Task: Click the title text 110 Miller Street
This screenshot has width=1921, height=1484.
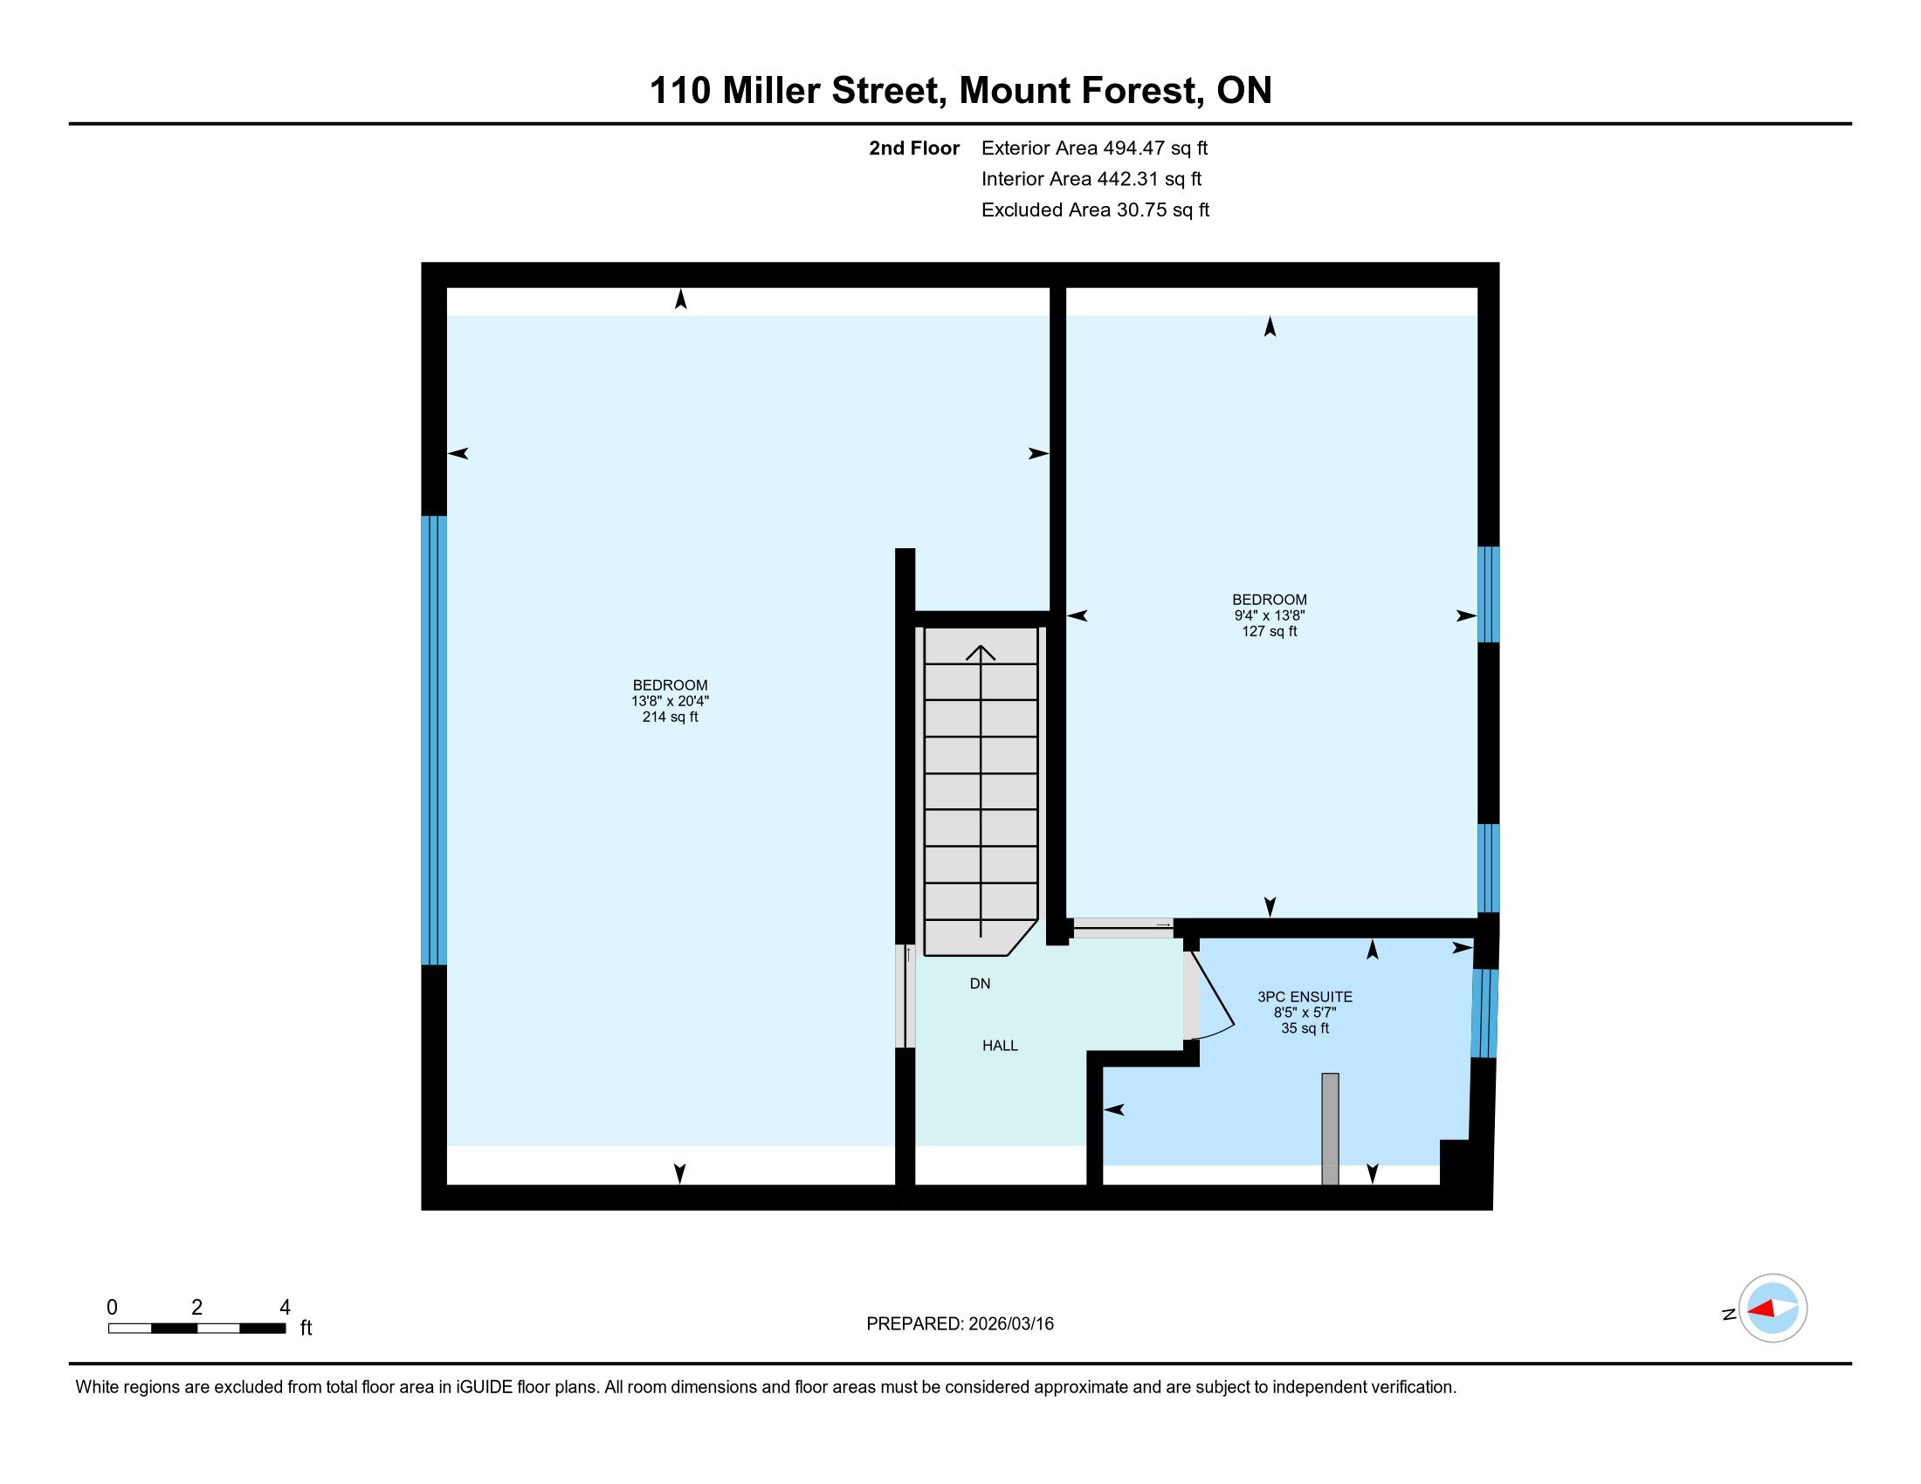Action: coord(798,91)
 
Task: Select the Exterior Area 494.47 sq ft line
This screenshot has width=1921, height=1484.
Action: coord(1094,148)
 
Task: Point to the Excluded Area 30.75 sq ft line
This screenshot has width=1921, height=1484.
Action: coord(1095,210)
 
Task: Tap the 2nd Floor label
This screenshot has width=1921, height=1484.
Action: coord(914,148)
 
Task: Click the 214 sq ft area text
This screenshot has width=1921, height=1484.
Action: coord(671,717)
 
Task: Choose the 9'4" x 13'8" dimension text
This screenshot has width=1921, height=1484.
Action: coord(1270,615)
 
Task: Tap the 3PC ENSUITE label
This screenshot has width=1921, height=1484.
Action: coord(1305,997)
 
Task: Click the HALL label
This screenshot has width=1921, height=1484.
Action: coord(1000,1045)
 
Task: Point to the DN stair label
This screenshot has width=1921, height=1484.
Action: coord(980,984)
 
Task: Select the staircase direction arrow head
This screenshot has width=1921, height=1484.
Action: coord(981,652)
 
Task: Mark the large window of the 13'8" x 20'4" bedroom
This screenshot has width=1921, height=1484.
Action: coord(435,740)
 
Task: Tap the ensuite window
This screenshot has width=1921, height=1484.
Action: coord(1484,1013)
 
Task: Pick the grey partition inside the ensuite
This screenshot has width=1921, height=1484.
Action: coord(1330,1129)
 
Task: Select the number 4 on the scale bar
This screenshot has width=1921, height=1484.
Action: coord(284,1308)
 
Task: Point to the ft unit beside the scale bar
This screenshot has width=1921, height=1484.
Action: coord(306,1328)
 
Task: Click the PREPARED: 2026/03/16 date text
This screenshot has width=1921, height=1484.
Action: coord(960,1324)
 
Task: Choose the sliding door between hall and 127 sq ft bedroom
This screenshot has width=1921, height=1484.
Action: coord(1123,926)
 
